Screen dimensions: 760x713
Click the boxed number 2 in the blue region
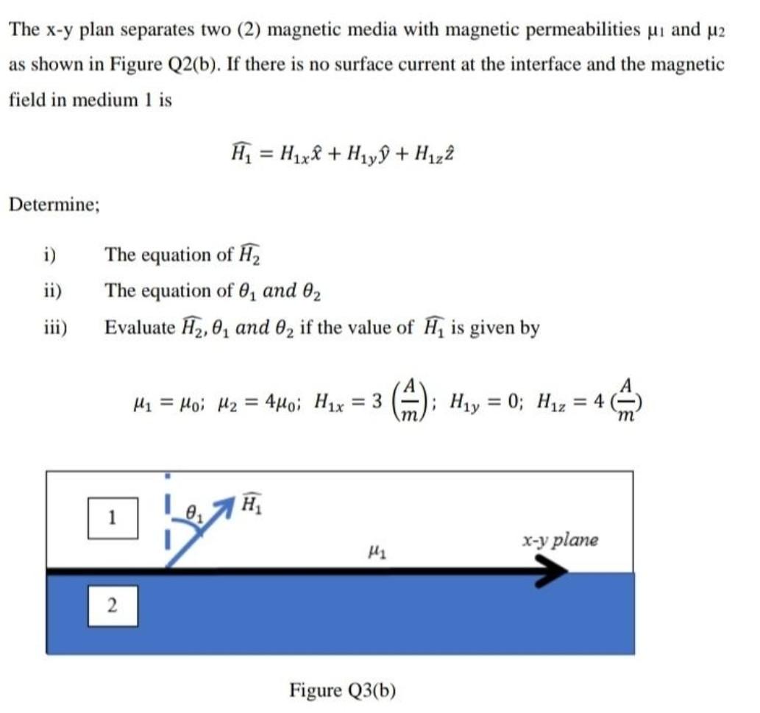tap(113, 606)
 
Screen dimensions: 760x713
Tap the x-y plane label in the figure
tap(560, 541)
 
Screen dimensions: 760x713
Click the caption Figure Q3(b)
tap(343, 690)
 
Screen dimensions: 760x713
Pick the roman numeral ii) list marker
tap(52, 291)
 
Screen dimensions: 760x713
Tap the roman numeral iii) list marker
tap(54, 327)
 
